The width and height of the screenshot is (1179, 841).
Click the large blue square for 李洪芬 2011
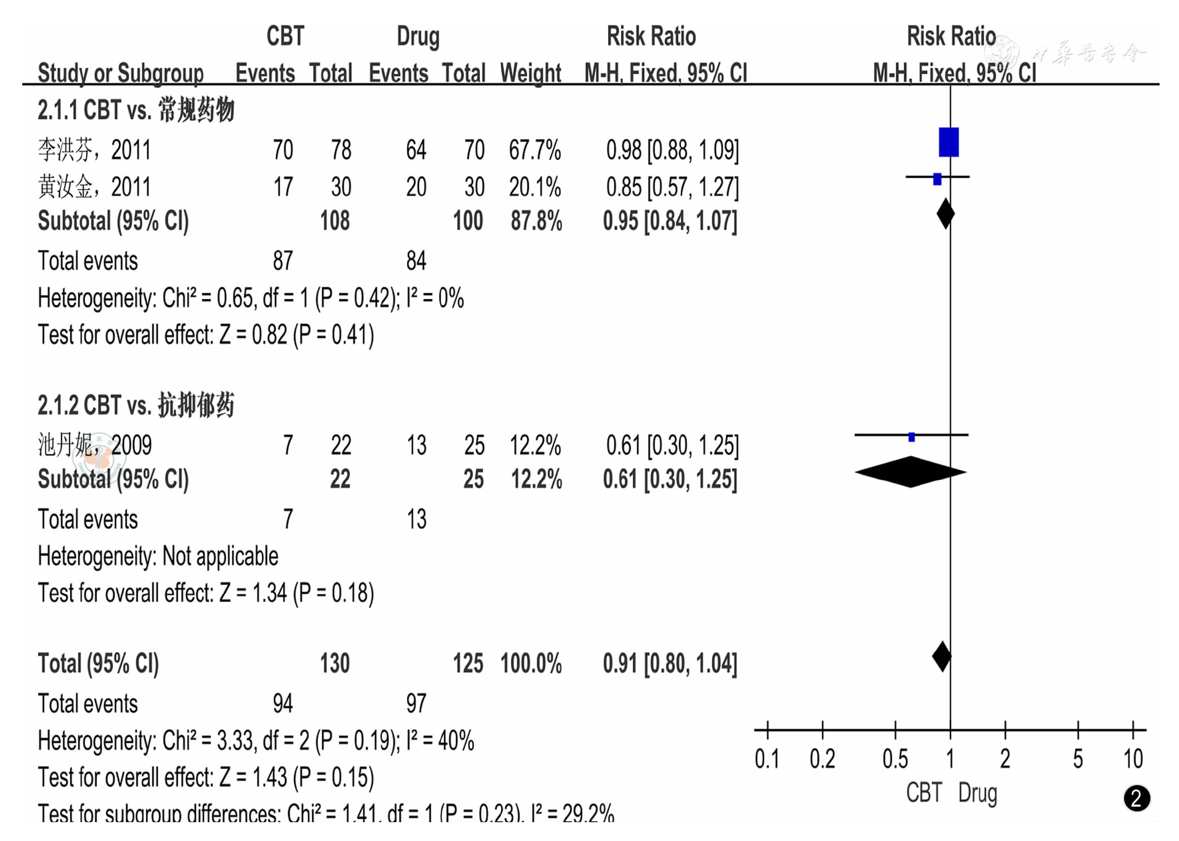coord(948,142)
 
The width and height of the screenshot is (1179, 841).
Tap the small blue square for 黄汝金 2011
coord(937,179)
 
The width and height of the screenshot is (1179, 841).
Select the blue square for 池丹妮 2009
coord(911,437)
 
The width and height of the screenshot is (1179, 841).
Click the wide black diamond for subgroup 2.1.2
coord(910,472)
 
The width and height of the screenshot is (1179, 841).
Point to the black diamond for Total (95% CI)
coord(941,657)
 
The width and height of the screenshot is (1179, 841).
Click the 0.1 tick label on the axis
coord(767,759)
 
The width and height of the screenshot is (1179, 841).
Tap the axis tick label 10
coord(1133,759)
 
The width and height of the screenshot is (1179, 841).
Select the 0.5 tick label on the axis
coord(895,759)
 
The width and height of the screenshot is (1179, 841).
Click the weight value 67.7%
coord(534,150)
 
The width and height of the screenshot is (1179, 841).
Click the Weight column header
coord(530,73)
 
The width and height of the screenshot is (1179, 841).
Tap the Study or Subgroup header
coord(120,73)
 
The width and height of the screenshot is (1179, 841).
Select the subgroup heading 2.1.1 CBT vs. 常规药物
coord(136,110)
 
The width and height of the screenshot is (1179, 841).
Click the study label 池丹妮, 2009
coord(95,445)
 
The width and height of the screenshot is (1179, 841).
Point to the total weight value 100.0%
coord(531,664)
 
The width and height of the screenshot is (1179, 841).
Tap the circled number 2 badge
coord(1136,798)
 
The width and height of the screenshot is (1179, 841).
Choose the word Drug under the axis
coord(977,793)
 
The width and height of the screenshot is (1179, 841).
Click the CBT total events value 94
coord(283,703)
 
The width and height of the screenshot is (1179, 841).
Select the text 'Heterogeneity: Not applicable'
coord(158,556)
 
